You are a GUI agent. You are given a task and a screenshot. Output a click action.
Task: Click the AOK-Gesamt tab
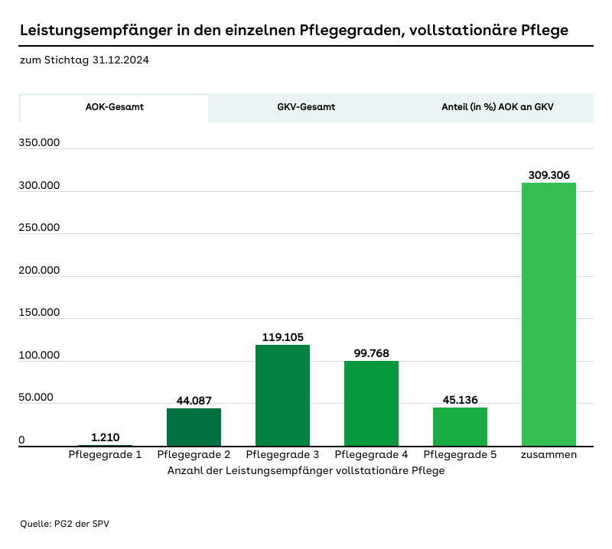point(114,108)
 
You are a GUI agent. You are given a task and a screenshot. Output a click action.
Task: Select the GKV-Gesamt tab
point(306,108)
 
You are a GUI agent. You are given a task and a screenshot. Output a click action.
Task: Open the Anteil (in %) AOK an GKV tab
point(497,108)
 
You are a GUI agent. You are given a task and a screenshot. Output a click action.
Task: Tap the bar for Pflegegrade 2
point(194,427)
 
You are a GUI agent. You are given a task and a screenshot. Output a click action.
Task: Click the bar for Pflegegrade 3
point(282,395)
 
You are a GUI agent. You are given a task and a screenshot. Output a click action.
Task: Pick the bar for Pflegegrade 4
point(371,403)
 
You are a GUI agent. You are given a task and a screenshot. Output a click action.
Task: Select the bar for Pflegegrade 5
point(460,427)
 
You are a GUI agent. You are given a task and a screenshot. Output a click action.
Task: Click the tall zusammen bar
point(549,314)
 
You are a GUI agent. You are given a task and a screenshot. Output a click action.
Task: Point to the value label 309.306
point(549,175)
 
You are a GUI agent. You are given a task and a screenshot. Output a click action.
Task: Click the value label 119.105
point(282,336)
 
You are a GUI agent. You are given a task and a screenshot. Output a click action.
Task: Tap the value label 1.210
point(105,437)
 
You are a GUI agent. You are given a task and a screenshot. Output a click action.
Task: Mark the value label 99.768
point(371,352)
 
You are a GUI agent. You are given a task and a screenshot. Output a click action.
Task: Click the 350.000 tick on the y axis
point(40,143)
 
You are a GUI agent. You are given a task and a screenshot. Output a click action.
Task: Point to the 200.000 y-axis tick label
point(40,271)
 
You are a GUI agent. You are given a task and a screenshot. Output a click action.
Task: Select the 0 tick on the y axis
point(22,440)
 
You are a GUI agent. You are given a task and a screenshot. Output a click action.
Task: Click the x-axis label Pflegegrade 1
point(105,455)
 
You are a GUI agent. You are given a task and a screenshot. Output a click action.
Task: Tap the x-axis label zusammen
point(549,455)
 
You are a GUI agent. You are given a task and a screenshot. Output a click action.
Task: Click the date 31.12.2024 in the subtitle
point(120,60)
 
